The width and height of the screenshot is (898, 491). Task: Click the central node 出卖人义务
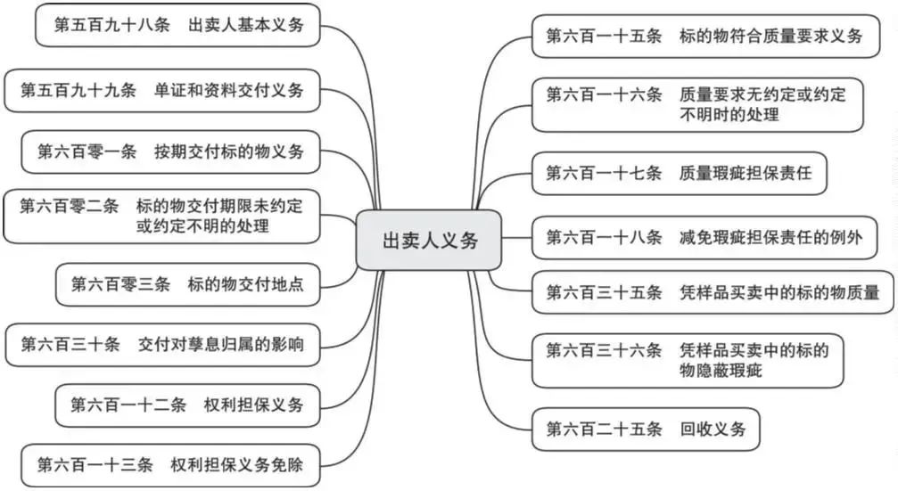pyautogui.click(x=431, y=241)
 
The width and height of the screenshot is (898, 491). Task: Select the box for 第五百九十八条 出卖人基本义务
pyautogui.click(x=178, y=25)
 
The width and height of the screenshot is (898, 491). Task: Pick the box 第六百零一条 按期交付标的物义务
pyautogui.click(x=170, y=151)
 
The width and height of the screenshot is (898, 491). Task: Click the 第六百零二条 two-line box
pyautogui.click(x=161, y=216)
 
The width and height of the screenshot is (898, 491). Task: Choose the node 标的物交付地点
pyautogui.click(x=187, y=284)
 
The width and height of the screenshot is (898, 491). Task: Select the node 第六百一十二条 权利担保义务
pyautogui.click(x=187, y=405)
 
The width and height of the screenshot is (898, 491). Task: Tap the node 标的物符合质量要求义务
pyautogui.click(x=704, y=37)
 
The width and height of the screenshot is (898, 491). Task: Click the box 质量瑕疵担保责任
pyautogui.click(x=679, y=173)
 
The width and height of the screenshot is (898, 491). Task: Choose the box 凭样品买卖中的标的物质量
pyautogui.click(x=713, y=292)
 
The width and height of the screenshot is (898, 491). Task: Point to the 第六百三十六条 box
pyautogui.click(x=688, y=360)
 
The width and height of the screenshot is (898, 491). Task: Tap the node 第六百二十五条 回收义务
pyautogui.click(x=645, y=429)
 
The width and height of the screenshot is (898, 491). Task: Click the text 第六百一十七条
pyautogui.click(x=604, y=173)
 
